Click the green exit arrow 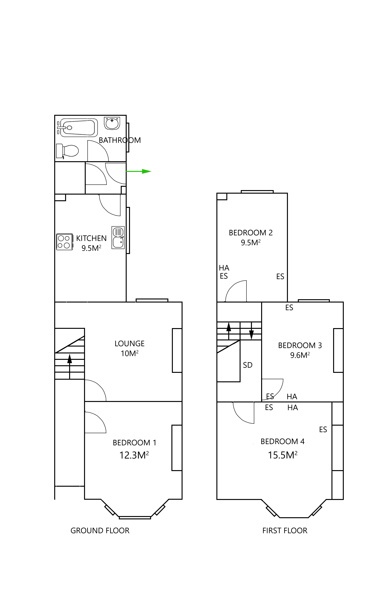[139, 171]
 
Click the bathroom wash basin [112, 123]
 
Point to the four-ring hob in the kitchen [64, 242]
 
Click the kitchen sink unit [118, 237]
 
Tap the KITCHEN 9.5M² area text [91, 248]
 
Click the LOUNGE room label [130, 343]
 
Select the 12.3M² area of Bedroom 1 [134, 455]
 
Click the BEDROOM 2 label [250, 233]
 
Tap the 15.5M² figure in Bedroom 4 [282, 455]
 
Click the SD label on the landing [247, 365]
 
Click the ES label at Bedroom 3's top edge [289, 308]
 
